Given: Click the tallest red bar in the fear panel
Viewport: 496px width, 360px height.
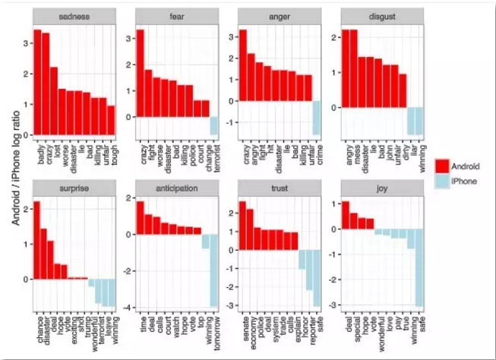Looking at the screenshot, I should click(140, 73).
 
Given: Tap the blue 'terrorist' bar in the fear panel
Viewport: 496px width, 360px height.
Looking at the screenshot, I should click(214, 126).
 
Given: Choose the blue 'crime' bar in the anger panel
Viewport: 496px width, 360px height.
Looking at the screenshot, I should click(317, 118).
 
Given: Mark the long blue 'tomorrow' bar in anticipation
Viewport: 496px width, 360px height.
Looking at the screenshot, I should click(214, 270).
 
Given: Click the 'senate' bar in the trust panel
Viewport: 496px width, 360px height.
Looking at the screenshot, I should click(242, 225).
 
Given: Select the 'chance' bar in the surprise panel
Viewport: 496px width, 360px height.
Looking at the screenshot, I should click(36, 240).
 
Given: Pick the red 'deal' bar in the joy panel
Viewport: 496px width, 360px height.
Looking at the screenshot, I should click(345, 215).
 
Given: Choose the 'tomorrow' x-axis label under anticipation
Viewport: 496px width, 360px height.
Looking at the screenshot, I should click(214, 328).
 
